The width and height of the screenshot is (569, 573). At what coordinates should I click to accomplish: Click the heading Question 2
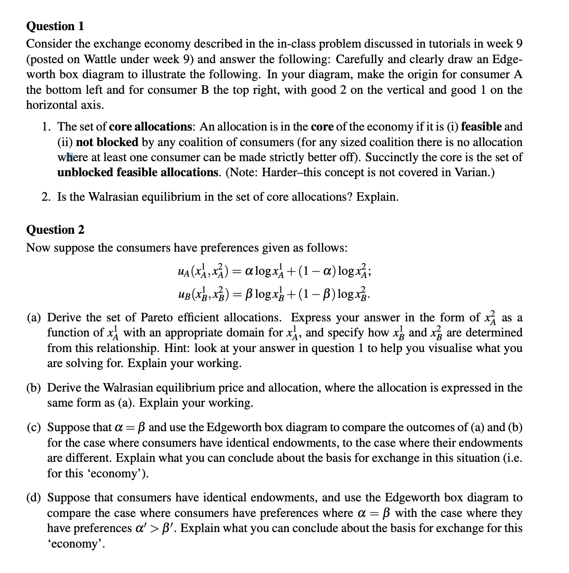click(55, 229)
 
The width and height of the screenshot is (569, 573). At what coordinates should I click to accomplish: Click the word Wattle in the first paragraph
click(101, 59)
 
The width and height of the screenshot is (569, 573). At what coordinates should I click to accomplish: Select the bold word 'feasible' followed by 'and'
click(481, 126)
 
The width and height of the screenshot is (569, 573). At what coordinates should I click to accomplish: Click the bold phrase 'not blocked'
click(107, 142)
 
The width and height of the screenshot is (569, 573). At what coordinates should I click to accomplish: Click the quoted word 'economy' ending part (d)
click(74, 543)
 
